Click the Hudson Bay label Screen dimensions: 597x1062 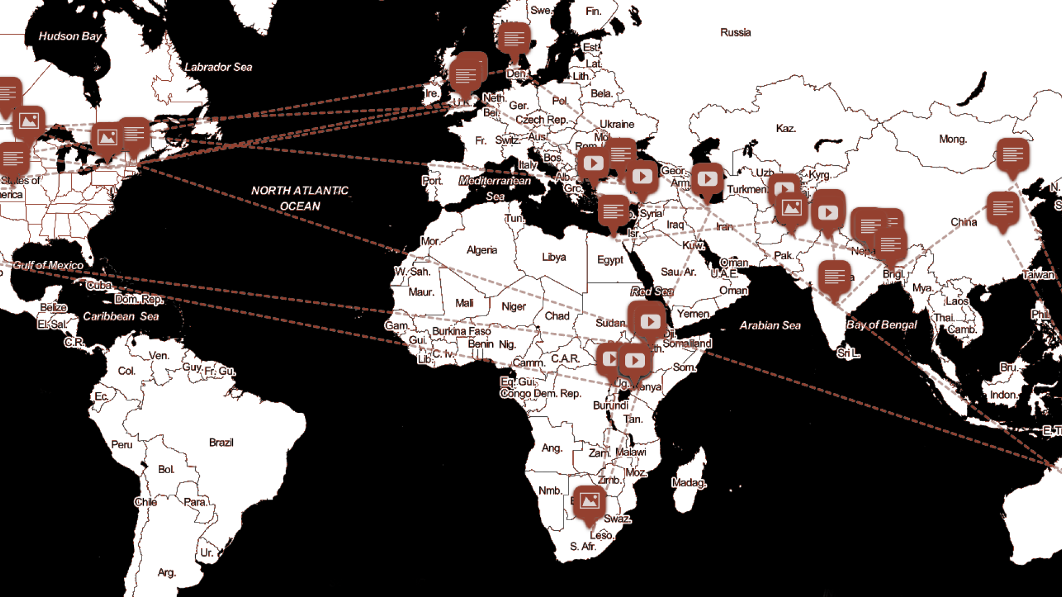[70, 36]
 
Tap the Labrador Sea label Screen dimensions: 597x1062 [218, 67]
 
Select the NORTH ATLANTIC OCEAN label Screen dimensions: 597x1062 [300, 198]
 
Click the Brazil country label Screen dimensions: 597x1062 [221, 443]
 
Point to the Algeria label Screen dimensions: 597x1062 [482, 250]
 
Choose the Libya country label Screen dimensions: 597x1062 [554, 258]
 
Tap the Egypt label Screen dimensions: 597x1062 [610, 260]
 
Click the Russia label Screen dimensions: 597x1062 [735, 33]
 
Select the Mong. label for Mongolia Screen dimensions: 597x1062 [952, 139]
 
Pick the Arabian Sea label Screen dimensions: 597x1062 [770, 326]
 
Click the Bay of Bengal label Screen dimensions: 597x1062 [881, 325]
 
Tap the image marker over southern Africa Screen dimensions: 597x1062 [589, 502]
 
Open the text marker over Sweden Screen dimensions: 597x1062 [514, 39]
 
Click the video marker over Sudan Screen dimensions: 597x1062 [650, 322]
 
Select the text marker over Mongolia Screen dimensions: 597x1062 [1013, 155]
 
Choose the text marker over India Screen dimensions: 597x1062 [834, 276]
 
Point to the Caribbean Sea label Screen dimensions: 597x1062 [121, 317]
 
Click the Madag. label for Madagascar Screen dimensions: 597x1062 [689, 483]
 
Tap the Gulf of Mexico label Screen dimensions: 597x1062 [48, 265]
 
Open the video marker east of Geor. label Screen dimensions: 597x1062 [707, 179]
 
